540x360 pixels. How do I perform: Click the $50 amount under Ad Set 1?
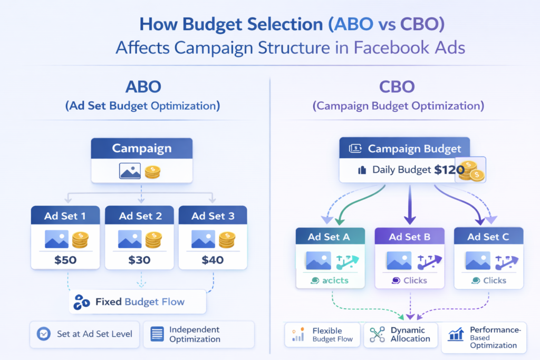(x=65, y=259)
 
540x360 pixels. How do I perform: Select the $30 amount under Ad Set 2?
(x=139, y=259)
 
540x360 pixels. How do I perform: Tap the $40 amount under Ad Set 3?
(x=213, y=259)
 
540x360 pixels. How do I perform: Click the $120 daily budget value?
(x=449, y=170)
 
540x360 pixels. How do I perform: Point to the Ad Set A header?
(x=329, y=237)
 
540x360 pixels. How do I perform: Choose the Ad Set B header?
(x=409, y=237)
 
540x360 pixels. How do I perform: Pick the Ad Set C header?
(x=488, y=237)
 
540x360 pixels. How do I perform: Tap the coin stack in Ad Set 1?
(x=80, y=239)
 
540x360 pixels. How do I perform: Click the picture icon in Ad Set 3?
(x=203, y=239)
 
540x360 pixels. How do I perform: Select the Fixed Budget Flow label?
(x=140, y=302)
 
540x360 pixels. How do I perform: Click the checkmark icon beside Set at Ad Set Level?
(x=44, y=334)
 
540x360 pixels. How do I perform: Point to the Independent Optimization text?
(x=194, y=334)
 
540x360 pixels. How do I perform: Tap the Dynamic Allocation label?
(x=407, y=335)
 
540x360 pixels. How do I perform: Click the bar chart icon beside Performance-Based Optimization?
(x=455, y=334)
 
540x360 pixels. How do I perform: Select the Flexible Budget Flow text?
(x=331, y=335)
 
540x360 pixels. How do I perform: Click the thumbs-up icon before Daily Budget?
(x=362, y=170)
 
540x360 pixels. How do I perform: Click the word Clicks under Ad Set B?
(x=414, y=280)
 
